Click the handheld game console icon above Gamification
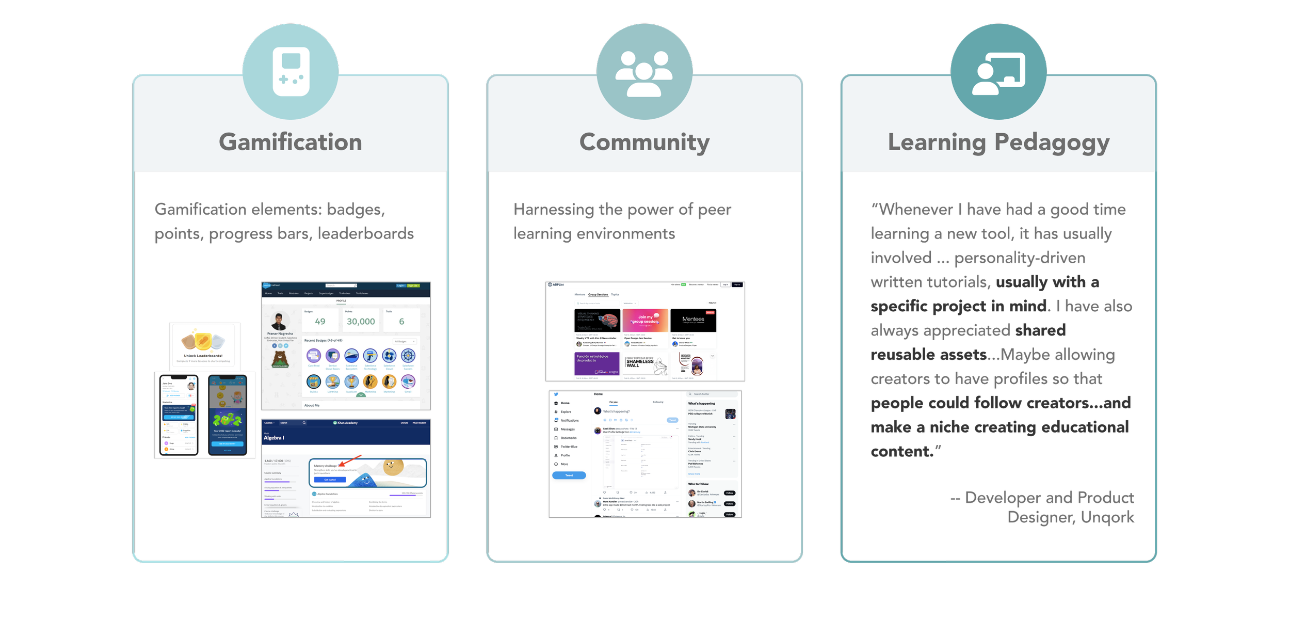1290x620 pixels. point(291,71)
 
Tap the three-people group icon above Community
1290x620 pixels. point(644,73)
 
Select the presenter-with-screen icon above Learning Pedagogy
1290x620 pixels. point(998,73)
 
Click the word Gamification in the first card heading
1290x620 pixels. point(291,142)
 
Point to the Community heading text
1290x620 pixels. point(644,142)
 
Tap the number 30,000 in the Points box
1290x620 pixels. point(361,322)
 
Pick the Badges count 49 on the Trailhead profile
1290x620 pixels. point(320,322)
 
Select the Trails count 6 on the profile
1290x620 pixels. point(401,322)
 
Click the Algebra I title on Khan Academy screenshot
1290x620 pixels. point(273,438)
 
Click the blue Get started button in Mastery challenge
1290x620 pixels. point(330,480)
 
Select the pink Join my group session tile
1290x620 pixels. point(645,320)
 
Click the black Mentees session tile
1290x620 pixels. point(693,320)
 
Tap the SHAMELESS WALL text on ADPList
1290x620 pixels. point(639,363)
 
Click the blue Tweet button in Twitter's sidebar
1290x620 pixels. point(569,475)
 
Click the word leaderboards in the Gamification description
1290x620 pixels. point(365,234)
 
